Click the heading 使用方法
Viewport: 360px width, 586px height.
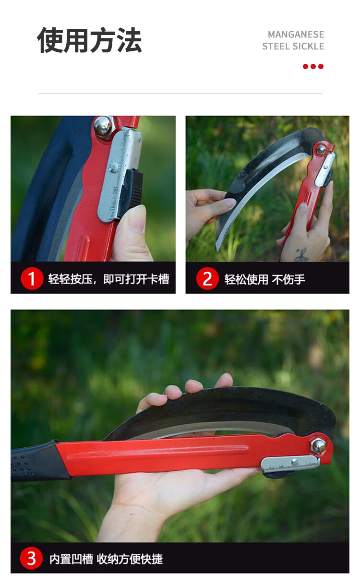[89, 40]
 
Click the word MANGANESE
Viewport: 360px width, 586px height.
[296, 35]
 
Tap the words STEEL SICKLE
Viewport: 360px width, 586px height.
[293, 46]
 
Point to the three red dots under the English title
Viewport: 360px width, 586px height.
[313, 66]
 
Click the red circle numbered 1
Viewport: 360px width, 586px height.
[32, 278]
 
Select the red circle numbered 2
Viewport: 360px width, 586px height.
[207, 278]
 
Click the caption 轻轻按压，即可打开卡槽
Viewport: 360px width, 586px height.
[108, 279]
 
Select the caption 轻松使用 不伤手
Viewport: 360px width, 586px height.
[264, 279]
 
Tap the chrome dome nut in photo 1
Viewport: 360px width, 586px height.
[103, 126]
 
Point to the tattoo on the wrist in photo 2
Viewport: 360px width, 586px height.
[301, 254]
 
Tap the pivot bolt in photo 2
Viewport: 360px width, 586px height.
[321, 149]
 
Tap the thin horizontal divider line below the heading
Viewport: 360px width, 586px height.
[180, 94]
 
